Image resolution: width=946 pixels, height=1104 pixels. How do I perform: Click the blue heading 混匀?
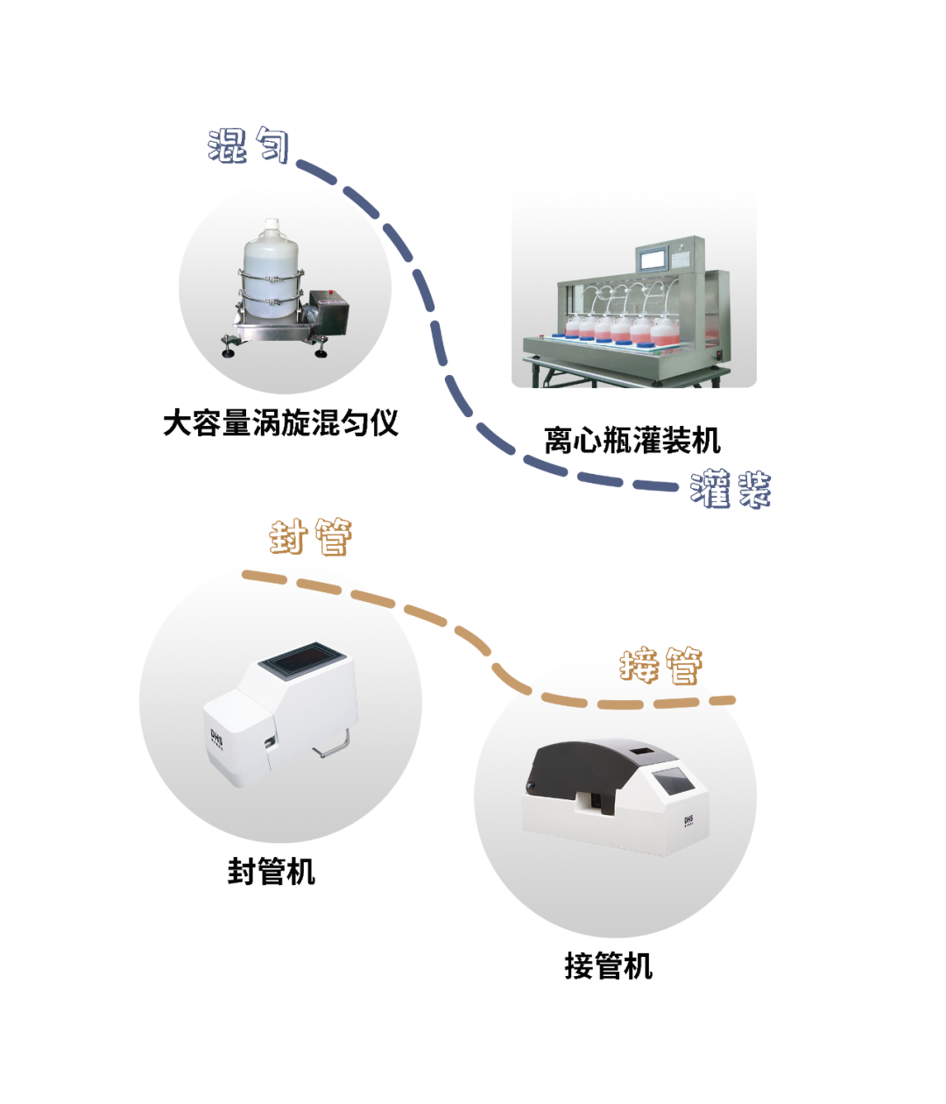[x=249, y=145]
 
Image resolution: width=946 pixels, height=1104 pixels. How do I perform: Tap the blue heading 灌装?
[x=731, y=489]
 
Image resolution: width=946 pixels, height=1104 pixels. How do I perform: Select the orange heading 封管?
[x=311, y=536]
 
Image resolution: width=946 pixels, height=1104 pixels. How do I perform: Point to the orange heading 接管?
[x=661, y=666]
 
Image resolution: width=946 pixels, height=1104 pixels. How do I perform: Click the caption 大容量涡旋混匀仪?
[x=280, y=423]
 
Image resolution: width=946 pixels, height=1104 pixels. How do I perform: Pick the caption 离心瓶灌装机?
[x=632, y=440]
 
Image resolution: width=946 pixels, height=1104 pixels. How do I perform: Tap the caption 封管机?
[x=271, y=872]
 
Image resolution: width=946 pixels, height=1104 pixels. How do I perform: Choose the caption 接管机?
[x=608, y=966]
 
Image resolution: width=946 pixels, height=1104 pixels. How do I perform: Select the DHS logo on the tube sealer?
[x=216, y=740]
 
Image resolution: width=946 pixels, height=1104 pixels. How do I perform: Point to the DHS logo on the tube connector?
[x=688, y=821]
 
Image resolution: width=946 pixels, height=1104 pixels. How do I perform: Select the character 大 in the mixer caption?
[x=178, y=423]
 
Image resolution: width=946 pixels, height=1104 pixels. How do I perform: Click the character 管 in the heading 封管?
[x=333, y=536]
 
